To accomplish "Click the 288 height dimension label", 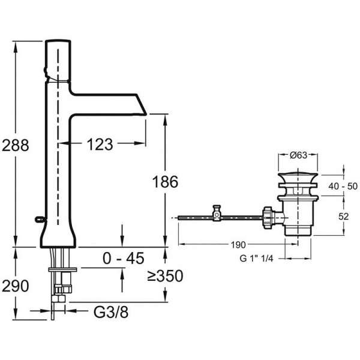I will click(14, 145).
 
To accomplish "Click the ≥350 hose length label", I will click(165, 276).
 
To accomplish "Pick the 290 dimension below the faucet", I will click(15, 286).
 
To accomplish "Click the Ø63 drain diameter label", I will click(298, 155).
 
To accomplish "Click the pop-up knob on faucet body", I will click(41, 218).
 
